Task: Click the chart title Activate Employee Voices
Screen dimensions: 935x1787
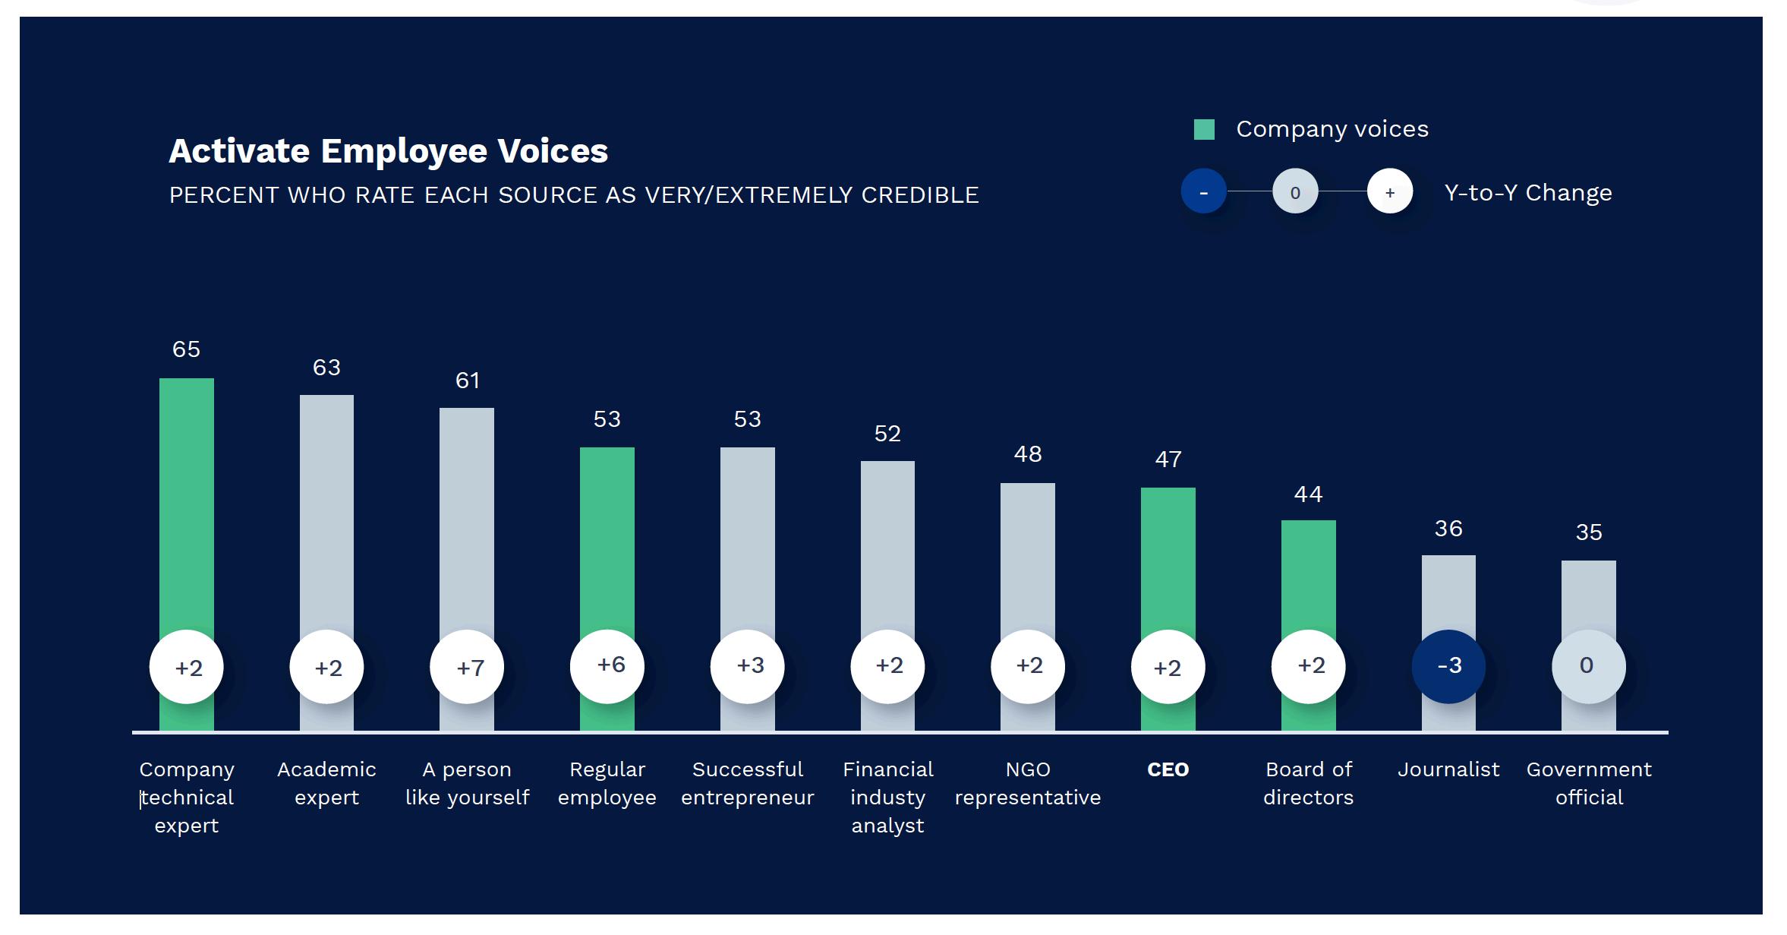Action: [x=388, y=150]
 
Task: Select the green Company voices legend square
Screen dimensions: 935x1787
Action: [x=1204, y=130]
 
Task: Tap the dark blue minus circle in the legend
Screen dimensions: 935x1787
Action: [x=1203, y=192]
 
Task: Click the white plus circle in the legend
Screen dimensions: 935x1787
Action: [x=1389, y=192]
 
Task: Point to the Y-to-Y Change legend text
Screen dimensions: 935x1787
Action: [x=1527, y=193]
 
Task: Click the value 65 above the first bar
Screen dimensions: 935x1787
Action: [x=186, y=349]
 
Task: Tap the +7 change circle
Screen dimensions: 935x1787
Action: [x=467, y=667]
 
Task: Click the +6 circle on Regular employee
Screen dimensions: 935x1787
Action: [x=607, y=666]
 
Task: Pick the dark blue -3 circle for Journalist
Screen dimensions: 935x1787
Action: [x=1448, y=666]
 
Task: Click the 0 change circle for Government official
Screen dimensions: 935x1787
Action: [x=1588, y=666]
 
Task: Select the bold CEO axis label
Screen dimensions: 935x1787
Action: [x=1168, y=769]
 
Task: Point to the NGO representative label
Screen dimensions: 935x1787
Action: [x=1028, y=783]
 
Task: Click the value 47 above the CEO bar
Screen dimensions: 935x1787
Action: [x=1168, y=460]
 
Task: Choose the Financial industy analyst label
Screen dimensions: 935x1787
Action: [x=887, y=797]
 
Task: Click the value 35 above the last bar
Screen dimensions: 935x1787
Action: [x=1588, y=532]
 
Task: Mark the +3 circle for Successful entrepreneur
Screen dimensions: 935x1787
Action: [x=748, y=666]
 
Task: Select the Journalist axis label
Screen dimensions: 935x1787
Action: [x=1448, y=769]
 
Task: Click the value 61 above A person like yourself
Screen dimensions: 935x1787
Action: [x=467, y=381]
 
